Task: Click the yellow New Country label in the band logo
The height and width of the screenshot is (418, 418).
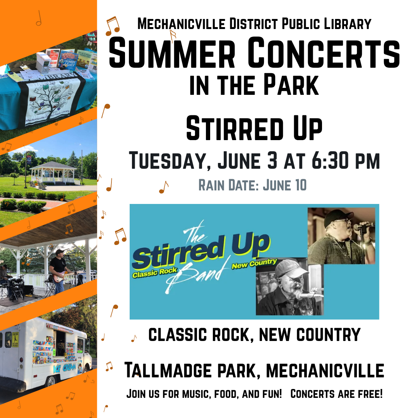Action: [x=254, y=264]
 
